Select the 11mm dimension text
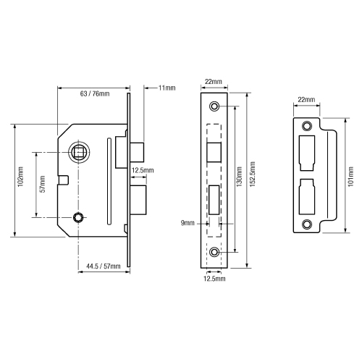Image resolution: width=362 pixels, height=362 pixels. tap(166, 88)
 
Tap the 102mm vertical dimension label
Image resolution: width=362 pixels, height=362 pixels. tap(20, 180)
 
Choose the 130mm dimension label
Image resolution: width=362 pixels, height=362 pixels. tap(239, 180)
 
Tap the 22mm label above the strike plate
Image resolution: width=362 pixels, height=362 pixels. tap(306, 99)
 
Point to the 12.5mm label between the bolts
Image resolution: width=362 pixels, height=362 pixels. tap(142, 171)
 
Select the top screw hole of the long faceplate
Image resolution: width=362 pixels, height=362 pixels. tap(214, 107)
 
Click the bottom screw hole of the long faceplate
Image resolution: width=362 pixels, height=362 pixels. tap(214, 252)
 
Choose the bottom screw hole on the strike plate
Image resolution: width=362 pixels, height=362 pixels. tap(306, 224)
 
